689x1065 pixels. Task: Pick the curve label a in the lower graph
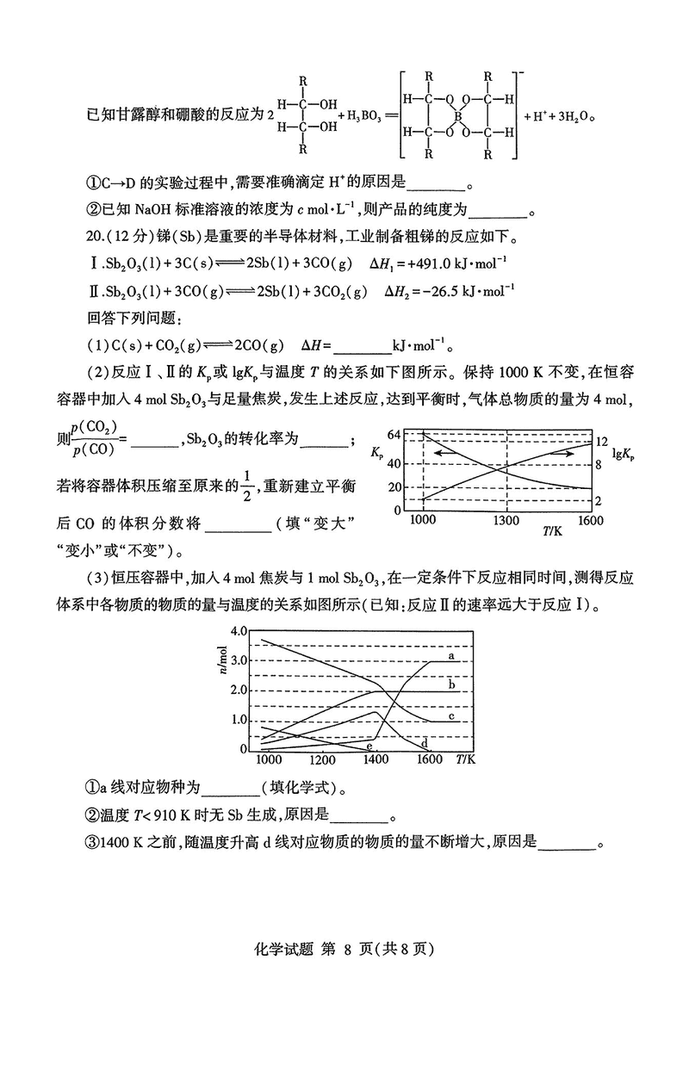(x=450, y=656)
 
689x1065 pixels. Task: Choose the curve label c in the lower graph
(x=450, y=716)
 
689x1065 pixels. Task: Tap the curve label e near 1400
(x=369, y=746)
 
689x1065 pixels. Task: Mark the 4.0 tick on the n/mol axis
(x=238, y=631)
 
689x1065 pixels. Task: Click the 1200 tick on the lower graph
(x=321, y=761)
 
